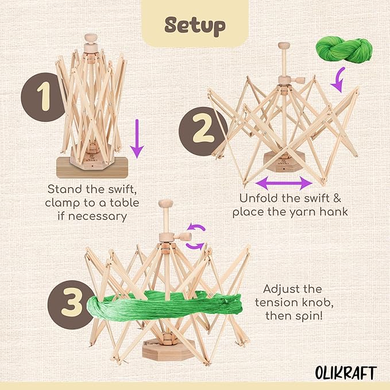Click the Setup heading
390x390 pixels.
(x=194, y=25)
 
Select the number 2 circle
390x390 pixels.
(x=201, y=129)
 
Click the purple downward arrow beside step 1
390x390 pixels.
(x=136, y=138)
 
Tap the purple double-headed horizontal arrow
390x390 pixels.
(x=283, y=183)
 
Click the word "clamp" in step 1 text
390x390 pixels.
(x=65, y=202)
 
